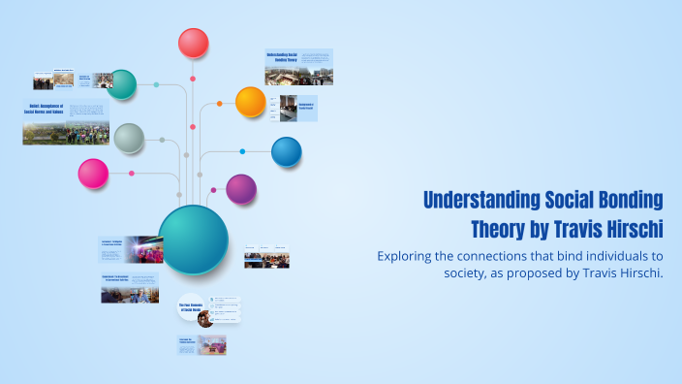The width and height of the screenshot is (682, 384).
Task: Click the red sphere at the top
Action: point(193,43)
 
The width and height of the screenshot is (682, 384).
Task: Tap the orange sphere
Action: point(250,101)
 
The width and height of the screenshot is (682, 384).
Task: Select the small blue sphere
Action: point(286,151)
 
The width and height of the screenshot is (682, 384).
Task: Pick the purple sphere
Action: point(240,189)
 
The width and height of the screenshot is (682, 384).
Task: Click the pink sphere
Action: point(93,174)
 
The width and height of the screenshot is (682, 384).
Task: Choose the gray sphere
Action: point(129,138)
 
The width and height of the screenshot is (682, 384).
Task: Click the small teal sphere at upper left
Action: point(121,84)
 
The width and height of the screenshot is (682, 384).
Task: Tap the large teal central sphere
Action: point(193,240)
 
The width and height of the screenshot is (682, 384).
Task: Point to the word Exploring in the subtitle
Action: point(409,256)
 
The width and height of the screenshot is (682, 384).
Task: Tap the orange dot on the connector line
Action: point(220,103)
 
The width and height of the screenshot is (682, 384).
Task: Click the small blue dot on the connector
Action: point(242,151)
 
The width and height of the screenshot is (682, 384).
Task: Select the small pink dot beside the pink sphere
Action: point(132,174)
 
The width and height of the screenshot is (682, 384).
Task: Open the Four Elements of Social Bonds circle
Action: point(190,307)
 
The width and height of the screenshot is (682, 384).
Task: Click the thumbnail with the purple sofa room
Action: point(212,344)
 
